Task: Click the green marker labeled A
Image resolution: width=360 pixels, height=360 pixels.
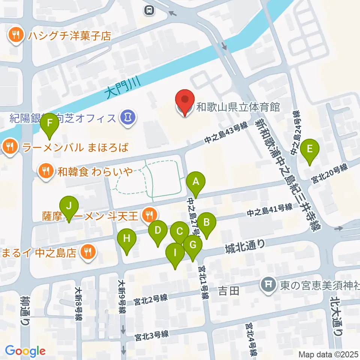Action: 195,183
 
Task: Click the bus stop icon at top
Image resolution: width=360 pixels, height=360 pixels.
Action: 150,10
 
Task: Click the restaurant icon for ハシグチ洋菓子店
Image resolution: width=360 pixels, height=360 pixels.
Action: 15,36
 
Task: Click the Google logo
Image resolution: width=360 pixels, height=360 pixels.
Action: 25,351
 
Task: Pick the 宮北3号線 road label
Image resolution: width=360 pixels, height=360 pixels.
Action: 152,335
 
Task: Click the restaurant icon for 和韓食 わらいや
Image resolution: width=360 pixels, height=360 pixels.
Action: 46,171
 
